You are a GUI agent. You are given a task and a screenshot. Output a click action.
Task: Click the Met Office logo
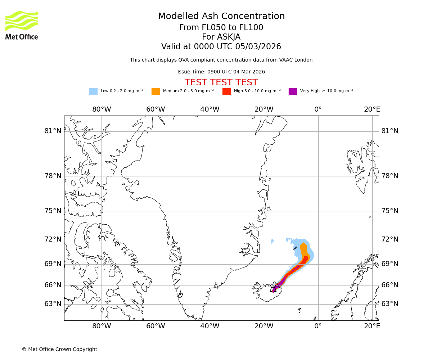[22, 25]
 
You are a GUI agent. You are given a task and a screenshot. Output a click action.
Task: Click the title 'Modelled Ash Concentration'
[221, 16]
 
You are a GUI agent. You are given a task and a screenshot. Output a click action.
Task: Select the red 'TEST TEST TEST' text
[221, 82]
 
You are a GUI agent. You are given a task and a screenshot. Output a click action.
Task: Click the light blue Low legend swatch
[93, 91]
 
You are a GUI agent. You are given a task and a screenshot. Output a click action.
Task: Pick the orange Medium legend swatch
[156, 91]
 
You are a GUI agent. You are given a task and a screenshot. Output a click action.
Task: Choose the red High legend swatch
[226, 91]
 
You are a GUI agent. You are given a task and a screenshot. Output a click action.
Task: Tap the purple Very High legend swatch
[293, 91]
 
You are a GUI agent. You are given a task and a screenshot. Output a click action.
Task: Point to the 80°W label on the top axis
[102, 109]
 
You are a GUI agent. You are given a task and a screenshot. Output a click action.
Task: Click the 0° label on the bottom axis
[318, 326]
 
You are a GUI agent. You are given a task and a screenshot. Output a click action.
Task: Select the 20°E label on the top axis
[372, 109]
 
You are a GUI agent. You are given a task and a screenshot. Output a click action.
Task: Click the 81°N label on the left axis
[53, 131]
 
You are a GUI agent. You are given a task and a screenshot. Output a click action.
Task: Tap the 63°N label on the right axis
[390, 304]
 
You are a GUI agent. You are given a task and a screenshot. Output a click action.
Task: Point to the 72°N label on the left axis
[53, 239]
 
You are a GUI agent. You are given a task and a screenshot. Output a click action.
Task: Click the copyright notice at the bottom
[59, 349]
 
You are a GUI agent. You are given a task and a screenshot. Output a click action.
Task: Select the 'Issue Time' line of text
[221, 72]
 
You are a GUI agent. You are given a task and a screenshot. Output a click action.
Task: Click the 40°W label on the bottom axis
[210, 326]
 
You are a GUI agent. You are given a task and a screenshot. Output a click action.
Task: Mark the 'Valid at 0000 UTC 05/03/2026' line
[221, 47]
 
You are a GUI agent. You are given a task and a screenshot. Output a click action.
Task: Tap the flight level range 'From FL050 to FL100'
[221, 28]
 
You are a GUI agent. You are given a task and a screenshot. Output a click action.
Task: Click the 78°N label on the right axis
[390, 176]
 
